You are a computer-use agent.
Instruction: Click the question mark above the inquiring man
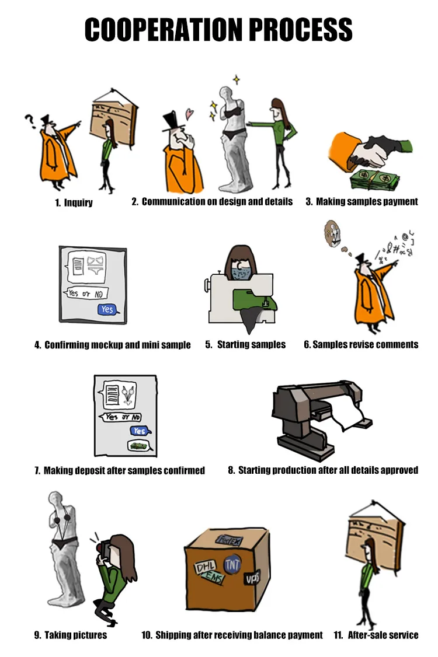[x=29, y=121]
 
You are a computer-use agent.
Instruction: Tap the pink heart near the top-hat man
[x=190, y=114]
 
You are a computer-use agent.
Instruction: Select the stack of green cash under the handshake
[x=375, y=180]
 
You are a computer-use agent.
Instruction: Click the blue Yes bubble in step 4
[x=108, y=309]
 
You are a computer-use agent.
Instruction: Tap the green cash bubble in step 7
[x=138, y=446]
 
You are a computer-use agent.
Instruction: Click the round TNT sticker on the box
[x=232, y=564]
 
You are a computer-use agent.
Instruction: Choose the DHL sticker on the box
[x=205, y=567]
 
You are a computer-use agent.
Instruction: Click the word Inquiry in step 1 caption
[x=78, y=203]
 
